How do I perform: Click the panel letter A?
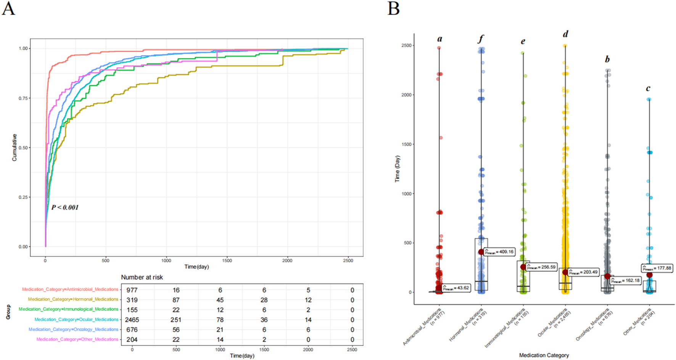[8, 8]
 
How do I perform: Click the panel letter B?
[393, 8]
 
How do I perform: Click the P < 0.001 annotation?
[65, 207]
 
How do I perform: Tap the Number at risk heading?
[142, 277]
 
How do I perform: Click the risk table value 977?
[132, 290]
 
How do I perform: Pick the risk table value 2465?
[132, 320]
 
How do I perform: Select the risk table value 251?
[176, 320]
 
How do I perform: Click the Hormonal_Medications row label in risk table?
[73, 299]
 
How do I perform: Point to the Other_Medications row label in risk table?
[77, 339]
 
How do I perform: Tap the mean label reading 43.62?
[456, 288]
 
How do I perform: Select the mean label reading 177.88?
[657, 268]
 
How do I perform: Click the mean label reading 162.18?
[626, 281]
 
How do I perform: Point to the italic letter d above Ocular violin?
[565, 34]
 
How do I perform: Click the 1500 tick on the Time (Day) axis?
[406, 144]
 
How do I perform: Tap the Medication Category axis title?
[544, 355]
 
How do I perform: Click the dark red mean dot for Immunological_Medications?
[523, 267]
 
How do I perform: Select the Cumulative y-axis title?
[14, 147]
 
